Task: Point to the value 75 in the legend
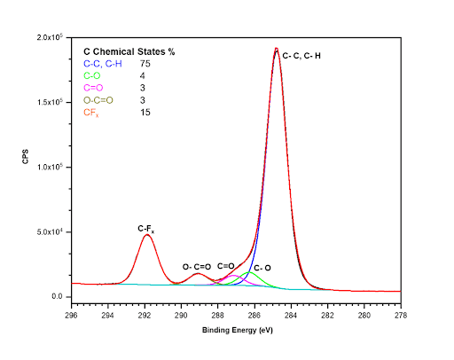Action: click(x=145, y=64)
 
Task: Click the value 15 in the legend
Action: click(x=145, y=112)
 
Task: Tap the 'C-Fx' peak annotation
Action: click(x=146, y=229)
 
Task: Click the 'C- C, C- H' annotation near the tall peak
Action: click(x=302, y=55)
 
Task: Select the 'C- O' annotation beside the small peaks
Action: click(x=262, y=267)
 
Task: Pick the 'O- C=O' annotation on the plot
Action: click(x=197, y=266)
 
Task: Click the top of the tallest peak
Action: click(x=277, y=49)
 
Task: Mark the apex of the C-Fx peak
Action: click(x=147, y=235)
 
